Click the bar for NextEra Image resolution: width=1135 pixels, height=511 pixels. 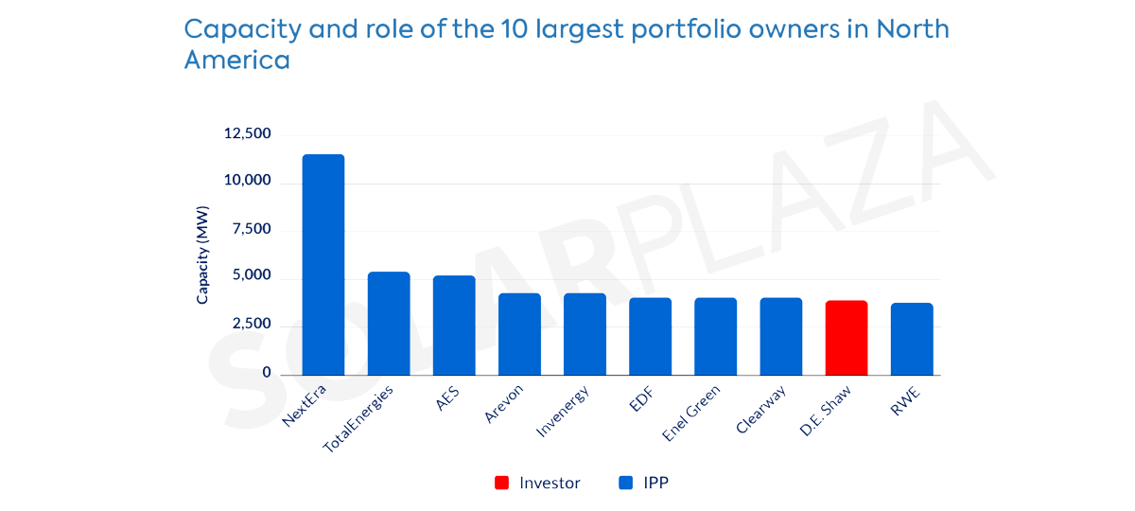323,265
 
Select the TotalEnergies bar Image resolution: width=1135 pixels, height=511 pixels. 389,324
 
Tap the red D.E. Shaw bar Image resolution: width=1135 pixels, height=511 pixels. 847,338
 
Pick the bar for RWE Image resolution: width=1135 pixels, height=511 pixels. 912,339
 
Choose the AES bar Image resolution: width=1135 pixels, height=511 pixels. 454,326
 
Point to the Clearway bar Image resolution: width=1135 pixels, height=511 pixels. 781,336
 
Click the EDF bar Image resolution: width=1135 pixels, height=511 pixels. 651,336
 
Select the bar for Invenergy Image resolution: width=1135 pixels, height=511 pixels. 585,334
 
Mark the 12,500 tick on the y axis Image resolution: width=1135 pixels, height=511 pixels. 247,134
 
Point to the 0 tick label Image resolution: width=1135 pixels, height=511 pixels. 267,374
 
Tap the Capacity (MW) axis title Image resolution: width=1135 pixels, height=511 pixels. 202,256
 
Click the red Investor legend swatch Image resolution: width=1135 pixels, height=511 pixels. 501,484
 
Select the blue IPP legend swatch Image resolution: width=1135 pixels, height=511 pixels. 625,484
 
